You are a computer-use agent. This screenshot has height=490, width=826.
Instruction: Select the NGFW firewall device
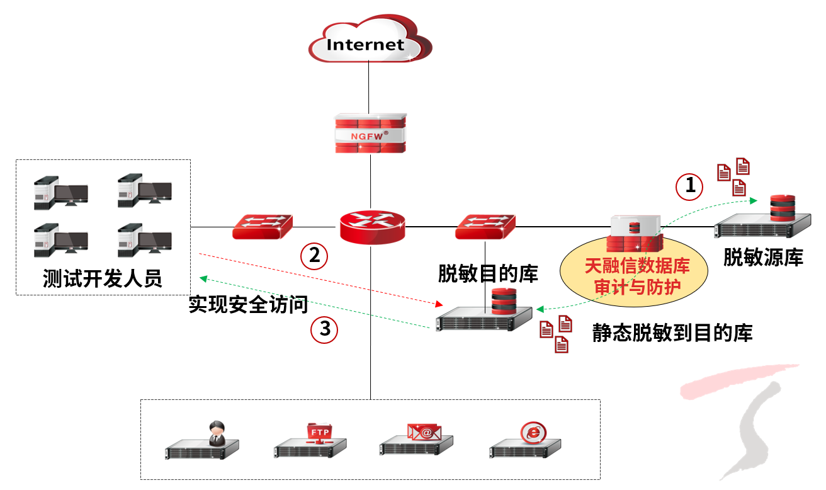(x=370, y=134)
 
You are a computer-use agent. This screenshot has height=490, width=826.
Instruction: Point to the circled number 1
(x=690, y=186)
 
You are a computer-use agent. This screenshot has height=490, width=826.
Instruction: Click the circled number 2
(x=314, y=255)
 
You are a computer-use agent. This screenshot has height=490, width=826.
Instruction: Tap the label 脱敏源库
(x=763, y=257)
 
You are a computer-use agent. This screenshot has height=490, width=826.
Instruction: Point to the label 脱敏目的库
(x=488, y=273)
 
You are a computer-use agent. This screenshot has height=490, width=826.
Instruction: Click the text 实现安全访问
(x=248, y=305)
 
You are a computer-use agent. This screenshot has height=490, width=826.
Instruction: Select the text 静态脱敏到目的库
(x=672, y=333)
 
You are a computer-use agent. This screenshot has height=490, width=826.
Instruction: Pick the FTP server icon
(x=312, y=441)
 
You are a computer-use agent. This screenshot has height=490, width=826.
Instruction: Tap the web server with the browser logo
(x=527, y=440)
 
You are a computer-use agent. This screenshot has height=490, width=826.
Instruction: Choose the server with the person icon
(x=202, y=441)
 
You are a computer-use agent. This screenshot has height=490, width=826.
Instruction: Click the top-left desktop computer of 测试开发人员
(x=60, y=193)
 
